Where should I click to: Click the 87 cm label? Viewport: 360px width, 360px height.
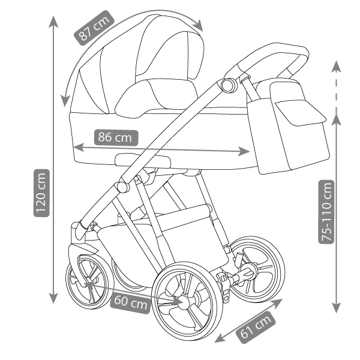94,28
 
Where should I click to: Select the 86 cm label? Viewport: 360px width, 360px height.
116,137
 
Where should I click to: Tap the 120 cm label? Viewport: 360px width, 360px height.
41,194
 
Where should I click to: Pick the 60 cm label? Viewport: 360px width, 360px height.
130,302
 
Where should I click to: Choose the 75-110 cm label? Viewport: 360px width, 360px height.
327,211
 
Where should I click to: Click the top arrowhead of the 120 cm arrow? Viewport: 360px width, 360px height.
53,22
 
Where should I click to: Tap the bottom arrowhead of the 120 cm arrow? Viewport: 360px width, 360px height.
53,298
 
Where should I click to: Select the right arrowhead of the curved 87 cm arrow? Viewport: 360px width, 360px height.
198,25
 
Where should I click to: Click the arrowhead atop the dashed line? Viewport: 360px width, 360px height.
336,65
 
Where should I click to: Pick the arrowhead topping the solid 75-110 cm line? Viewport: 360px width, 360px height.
336,119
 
